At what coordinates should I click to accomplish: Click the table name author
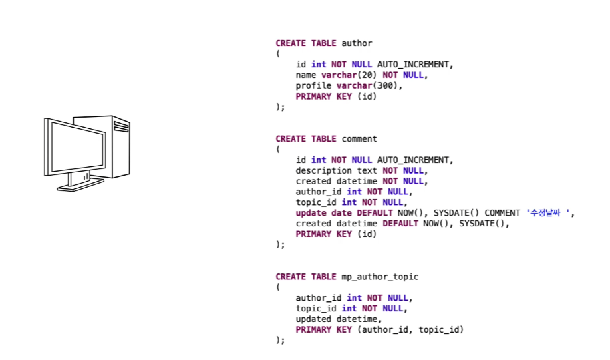(357, 43)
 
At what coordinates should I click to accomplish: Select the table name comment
(359, 139)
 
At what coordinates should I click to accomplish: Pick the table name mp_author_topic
(379, 277)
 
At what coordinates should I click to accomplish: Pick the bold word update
(311, 213)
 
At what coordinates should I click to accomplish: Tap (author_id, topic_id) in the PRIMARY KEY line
(410, 329)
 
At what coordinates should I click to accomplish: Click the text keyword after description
(367, 170)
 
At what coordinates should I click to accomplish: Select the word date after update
(341, 213)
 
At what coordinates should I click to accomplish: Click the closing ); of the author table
(280, 107)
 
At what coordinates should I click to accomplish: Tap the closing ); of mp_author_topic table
(280, 340)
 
